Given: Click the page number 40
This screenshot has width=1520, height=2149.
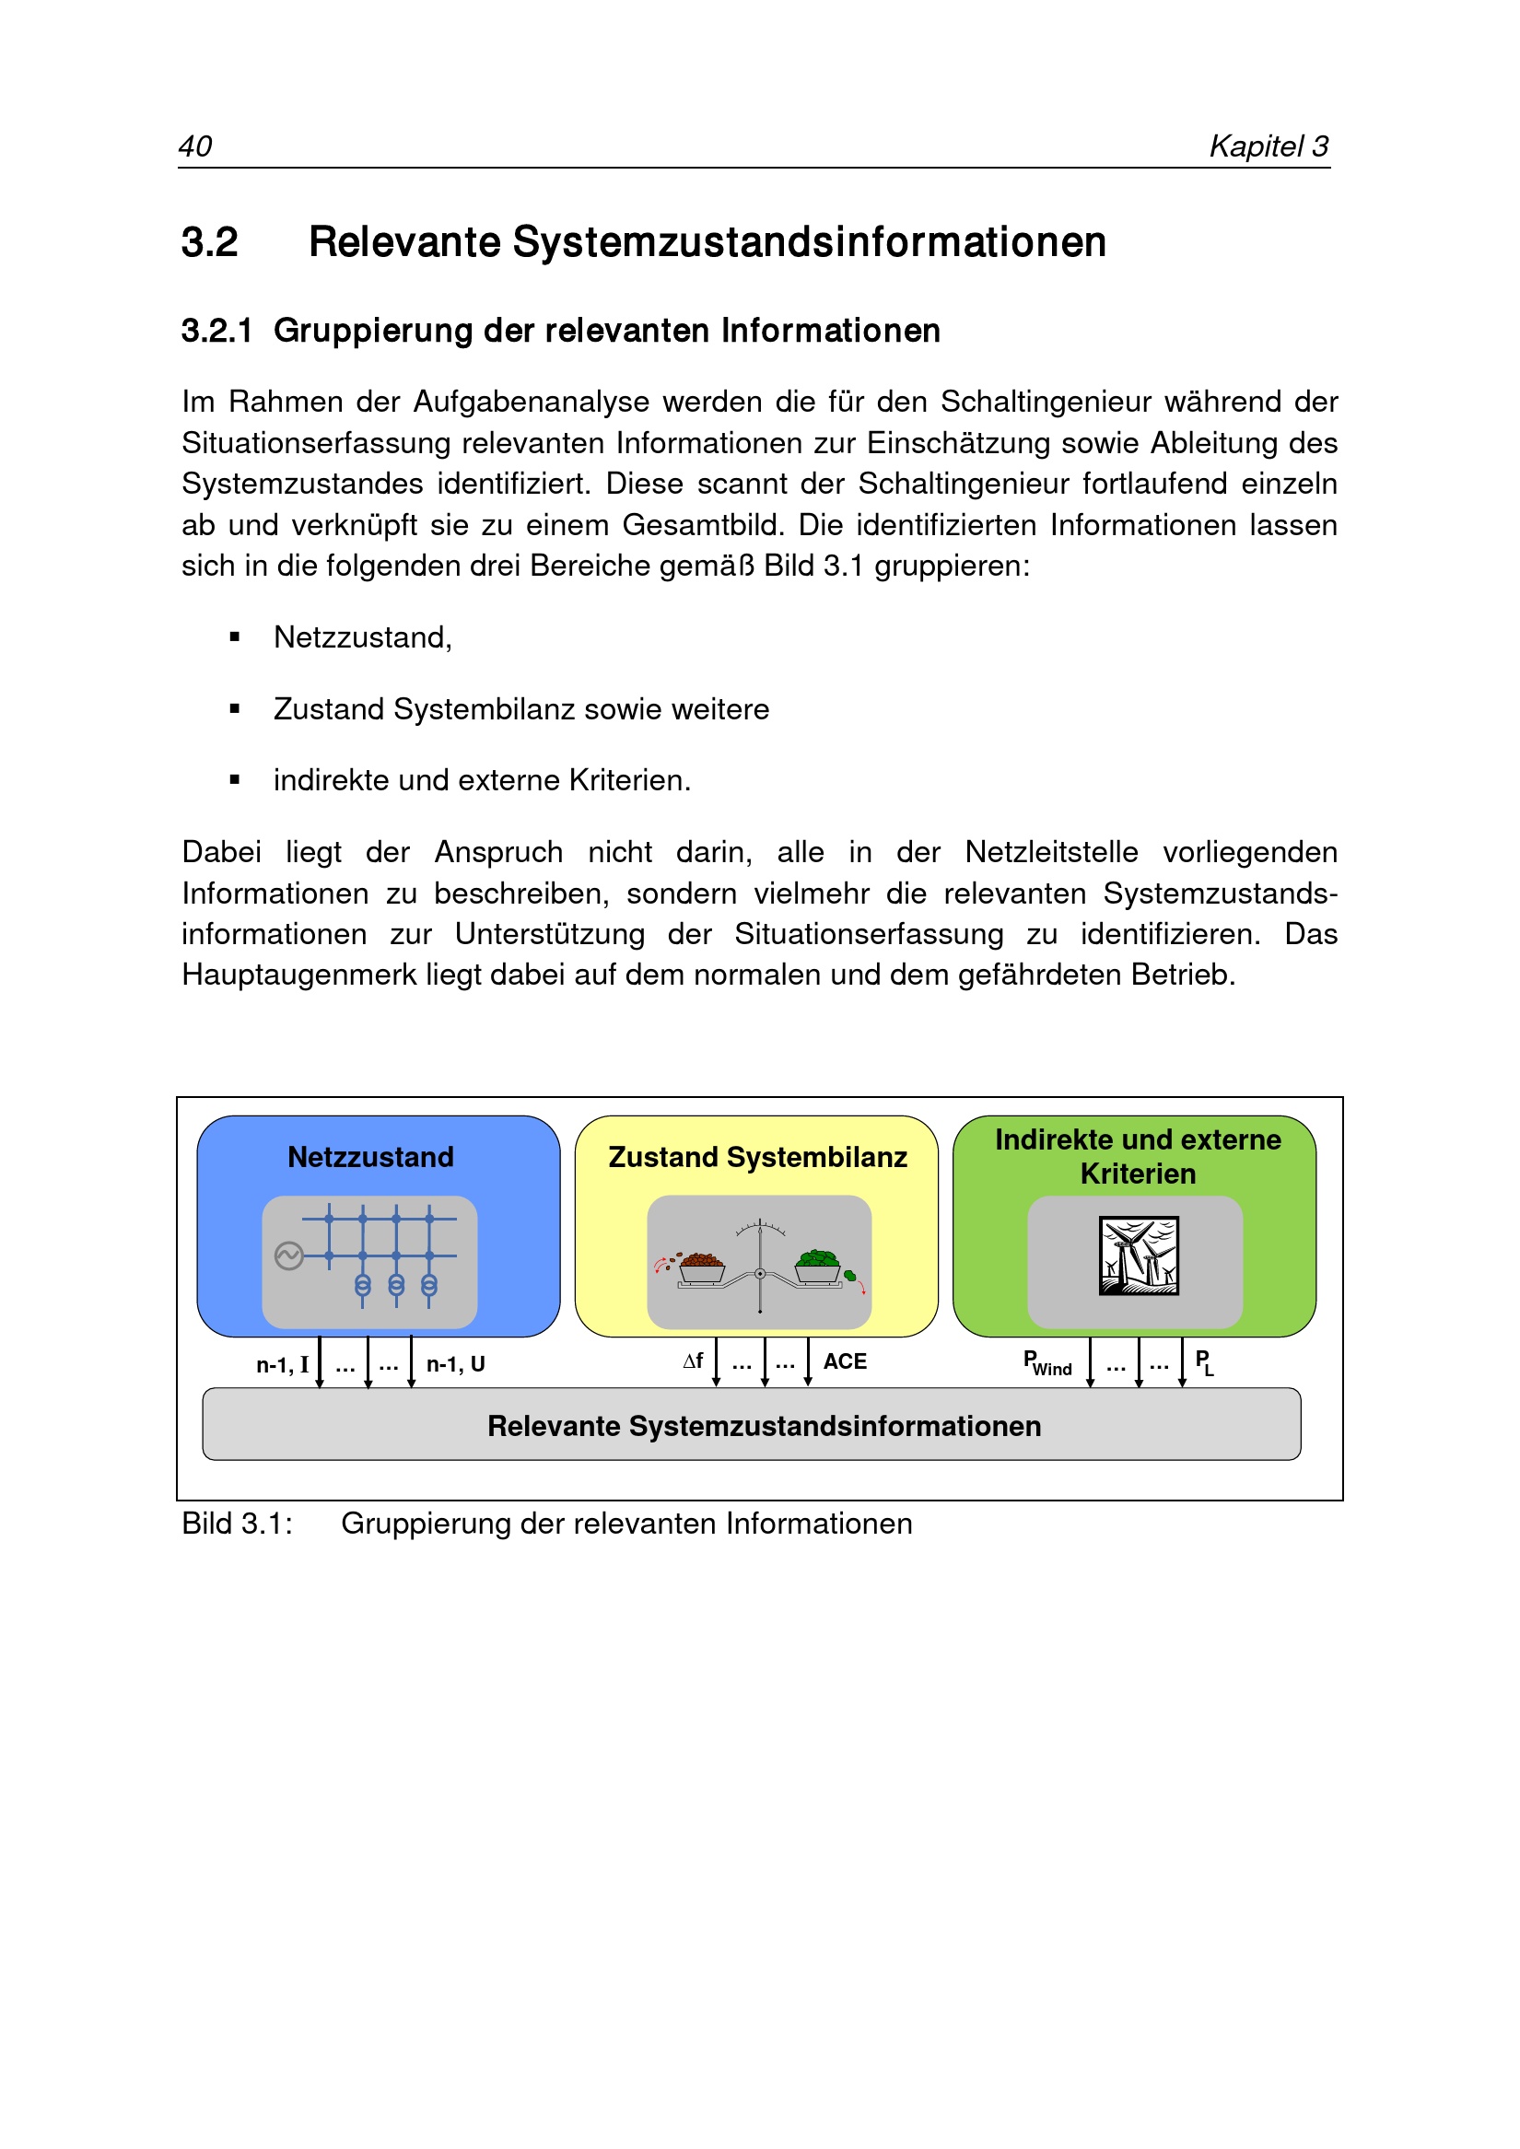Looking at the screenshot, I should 194,146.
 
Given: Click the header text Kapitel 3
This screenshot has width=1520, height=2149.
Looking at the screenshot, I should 1269,146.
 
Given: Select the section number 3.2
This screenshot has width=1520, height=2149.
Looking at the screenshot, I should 210,242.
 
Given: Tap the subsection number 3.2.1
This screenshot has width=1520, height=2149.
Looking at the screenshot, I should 216,331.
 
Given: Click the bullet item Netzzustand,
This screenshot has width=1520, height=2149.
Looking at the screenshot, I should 362,637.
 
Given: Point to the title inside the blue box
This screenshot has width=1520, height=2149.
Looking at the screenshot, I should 370,1157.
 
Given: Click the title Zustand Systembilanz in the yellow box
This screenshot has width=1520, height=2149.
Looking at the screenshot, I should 757,1157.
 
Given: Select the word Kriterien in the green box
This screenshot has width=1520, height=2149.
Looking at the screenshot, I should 1138,1174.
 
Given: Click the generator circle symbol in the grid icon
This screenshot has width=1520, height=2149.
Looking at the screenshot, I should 289,1256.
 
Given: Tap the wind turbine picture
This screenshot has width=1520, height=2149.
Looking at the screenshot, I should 1138,1256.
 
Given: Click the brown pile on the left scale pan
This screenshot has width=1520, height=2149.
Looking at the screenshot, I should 701,1260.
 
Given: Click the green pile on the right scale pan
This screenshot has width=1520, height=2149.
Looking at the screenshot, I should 818,1258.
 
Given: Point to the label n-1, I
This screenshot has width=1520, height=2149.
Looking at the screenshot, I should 282,1364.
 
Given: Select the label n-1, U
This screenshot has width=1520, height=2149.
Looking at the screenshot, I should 456,1364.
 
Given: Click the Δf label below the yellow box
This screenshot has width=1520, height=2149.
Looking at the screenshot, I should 693,1361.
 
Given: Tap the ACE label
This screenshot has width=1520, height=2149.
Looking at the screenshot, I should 845,1361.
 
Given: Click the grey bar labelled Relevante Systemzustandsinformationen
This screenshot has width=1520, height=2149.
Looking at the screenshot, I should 752,1425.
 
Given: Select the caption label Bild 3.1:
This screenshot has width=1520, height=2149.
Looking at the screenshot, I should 237,1524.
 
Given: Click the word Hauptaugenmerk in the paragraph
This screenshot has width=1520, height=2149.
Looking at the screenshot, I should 298,975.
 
